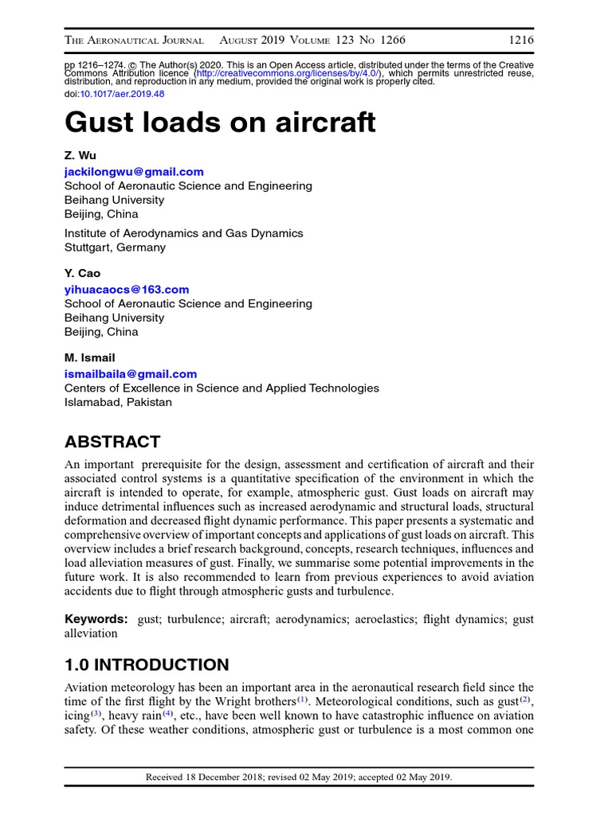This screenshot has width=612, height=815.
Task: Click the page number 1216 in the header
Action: pyautogui.click(x=520, y=40)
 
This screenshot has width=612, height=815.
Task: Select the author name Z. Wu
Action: pyautogui.click(x=80, y=155)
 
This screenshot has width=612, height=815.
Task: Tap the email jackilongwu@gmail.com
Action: pyautogui.click(x=134, y=171)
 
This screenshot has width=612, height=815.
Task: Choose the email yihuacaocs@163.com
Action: pyautogui.click(x=127, y=289)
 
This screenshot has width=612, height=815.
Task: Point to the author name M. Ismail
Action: pyautogui.click(x=89, y=357)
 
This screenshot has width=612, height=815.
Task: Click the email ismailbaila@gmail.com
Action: pyautogui.click(x=130, y=373)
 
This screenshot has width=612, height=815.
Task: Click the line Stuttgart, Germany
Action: pyautogui.click(x=115, y=248)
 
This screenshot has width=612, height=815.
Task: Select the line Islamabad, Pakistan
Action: pyautogui.click(x=118, y=402)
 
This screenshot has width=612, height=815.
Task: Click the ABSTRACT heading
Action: pyautogui.click(x=112, y=442)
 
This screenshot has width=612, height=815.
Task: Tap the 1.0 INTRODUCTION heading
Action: pyautogui.click(x=146, y=665)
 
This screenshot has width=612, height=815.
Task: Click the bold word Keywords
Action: pyautogui.click(x=96, y=618)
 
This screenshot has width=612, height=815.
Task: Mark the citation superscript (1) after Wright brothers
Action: pyautogui.click(x=303, y=700)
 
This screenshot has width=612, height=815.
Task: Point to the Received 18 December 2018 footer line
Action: pyautogui.click(x=299, y=777)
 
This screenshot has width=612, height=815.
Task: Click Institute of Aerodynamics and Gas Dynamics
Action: pyautogui.click(x=183, y=233)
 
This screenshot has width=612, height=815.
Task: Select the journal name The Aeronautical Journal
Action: pyautogui.click(x=134, y=40)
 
